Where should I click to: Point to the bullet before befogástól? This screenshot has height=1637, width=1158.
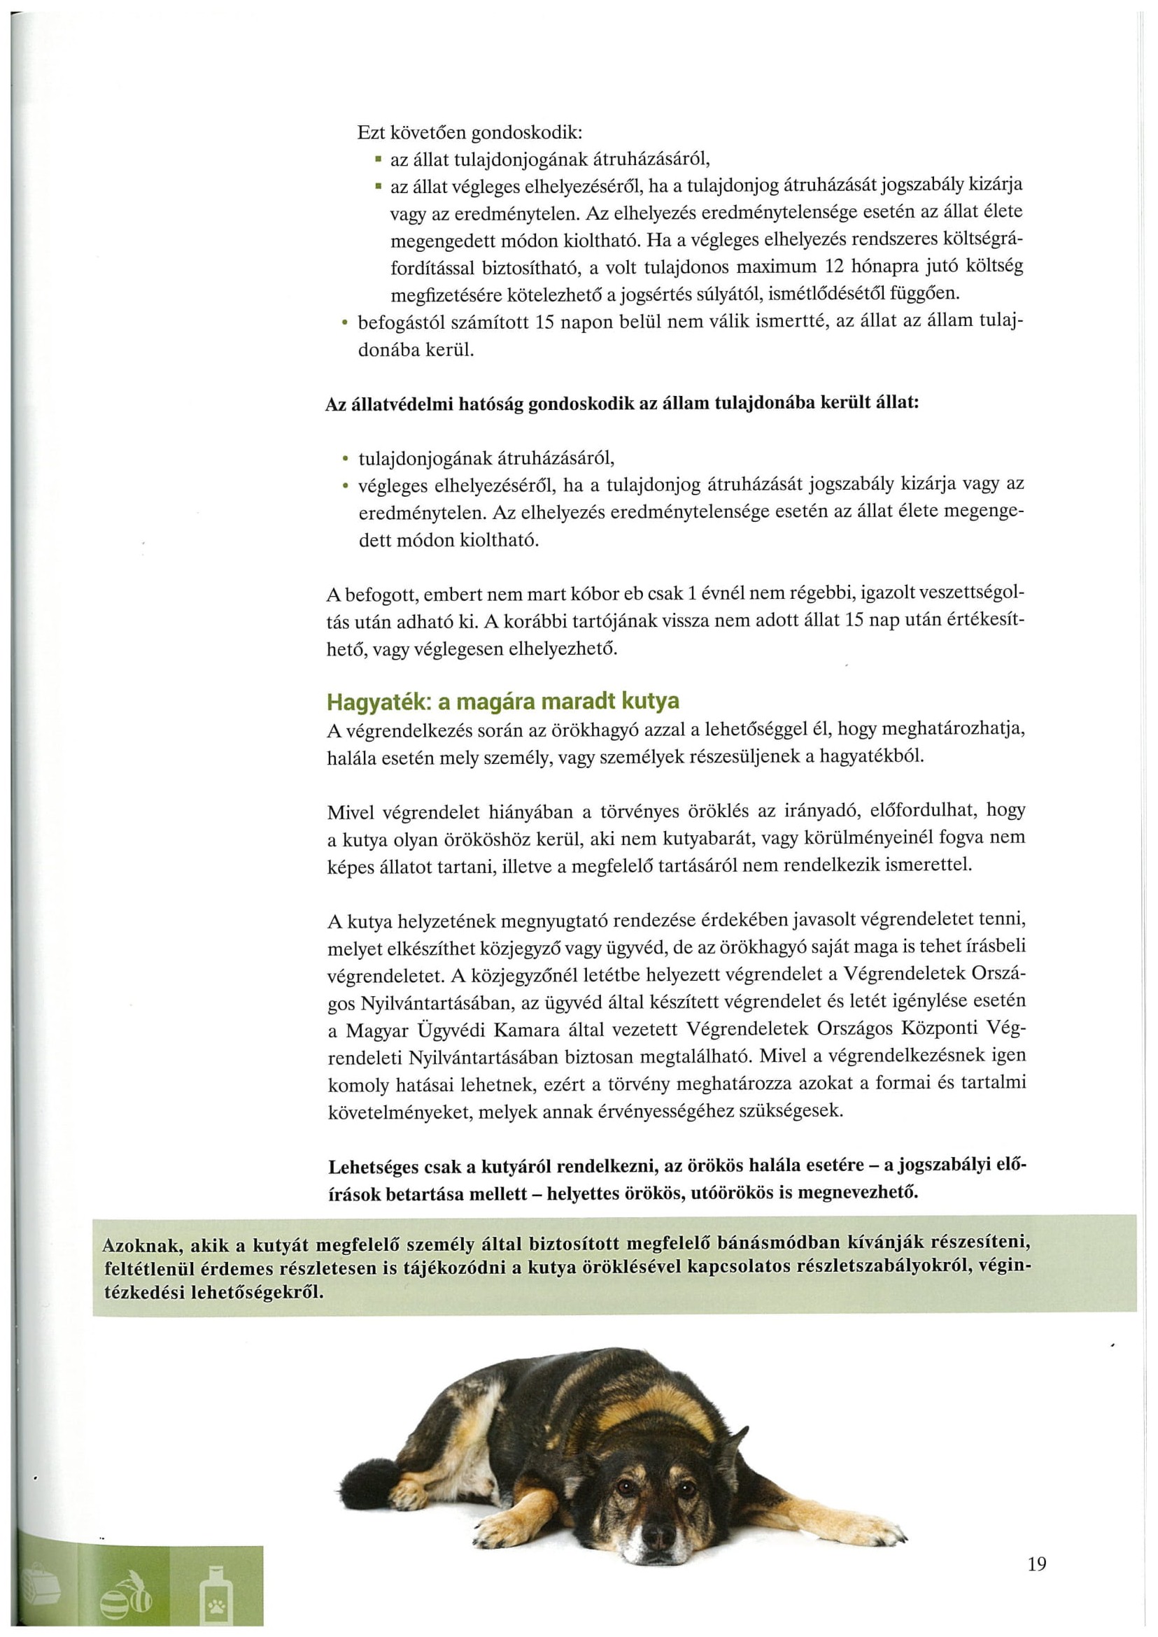[344, 323]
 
